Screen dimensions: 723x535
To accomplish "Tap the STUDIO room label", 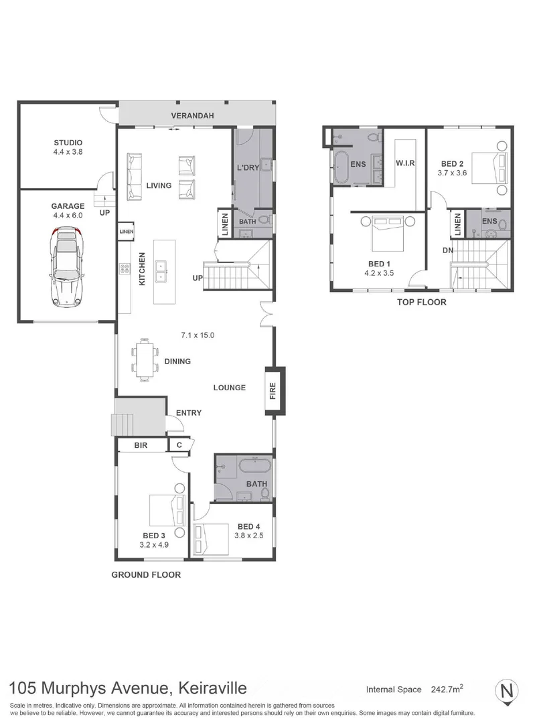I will (x=68, y=142).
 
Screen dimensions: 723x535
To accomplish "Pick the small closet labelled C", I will (x=179, y=445).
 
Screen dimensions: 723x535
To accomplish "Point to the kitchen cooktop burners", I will (x=125, y=270).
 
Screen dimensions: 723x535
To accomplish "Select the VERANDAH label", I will (x=192, y=116).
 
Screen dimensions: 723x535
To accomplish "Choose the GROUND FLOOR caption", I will (x=146, y=574).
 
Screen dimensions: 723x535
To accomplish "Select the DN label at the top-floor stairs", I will (x=447, y=250).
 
